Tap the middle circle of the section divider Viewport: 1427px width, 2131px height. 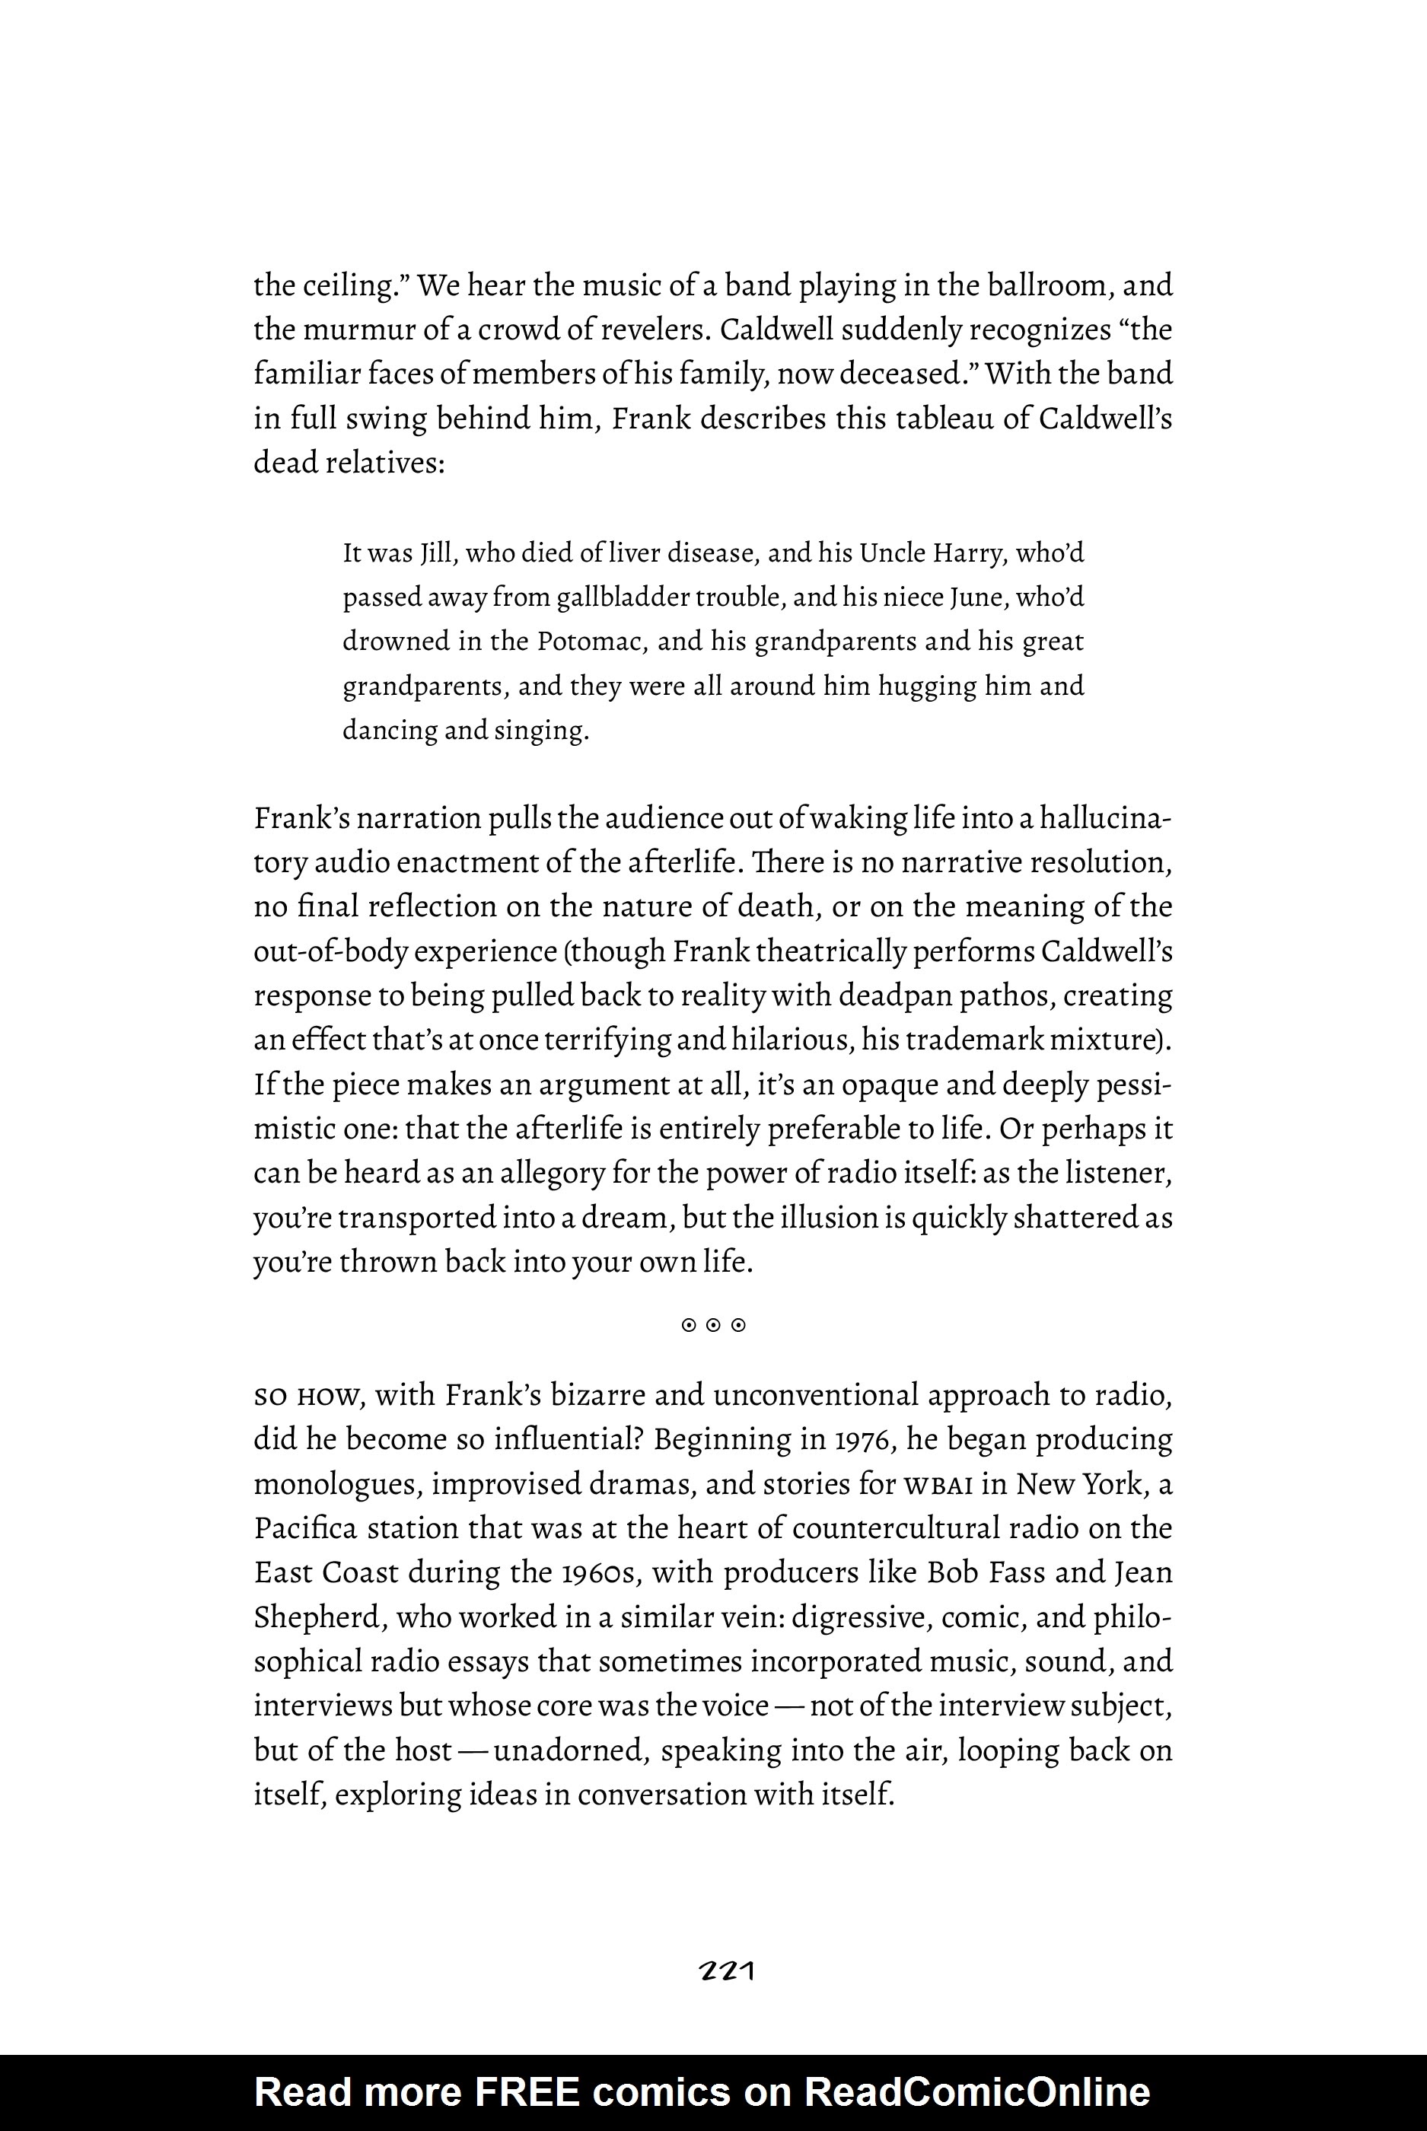[714, 1326]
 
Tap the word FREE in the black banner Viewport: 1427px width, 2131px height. [525, 2092]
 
